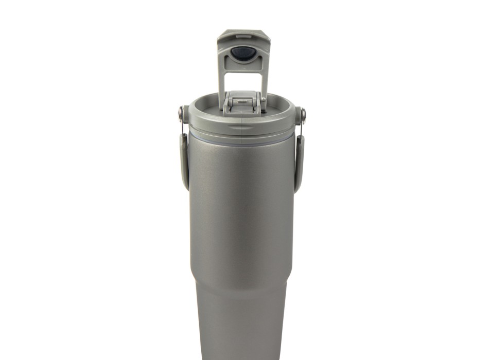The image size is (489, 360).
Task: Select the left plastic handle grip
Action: (183, 157)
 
